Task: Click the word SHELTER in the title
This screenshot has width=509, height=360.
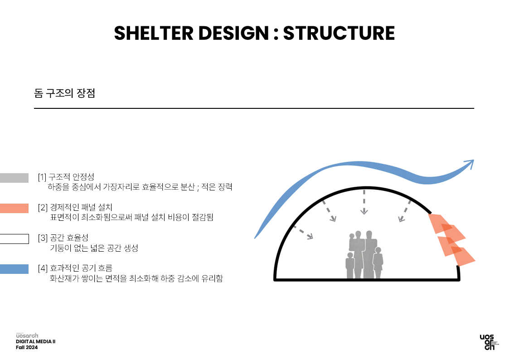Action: coord(153,33)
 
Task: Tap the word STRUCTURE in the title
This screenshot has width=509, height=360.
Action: coord(339,33)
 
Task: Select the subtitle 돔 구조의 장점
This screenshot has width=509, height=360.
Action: coord(65,93)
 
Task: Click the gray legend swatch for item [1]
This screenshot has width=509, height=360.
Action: coord(15,178)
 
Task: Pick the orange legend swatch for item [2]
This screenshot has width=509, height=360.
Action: coord(15,208)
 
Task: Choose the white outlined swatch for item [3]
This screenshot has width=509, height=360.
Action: coord(15,238)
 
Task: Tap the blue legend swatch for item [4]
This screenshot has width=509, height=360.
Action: coord(15,269)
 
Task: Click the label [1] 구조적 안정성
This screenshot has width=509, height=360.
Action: coord(66,177)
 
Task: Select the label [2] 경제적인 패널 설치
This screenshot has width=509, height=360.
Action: coord(75,207)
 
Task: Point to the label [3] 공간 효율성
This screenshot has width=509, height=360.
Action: coord(63,238)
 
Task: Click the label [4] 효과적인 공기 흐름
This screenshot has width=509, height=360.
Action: coord(75,268)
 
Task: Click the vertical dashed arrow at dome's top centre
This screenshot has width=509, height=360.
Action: coord(364,202)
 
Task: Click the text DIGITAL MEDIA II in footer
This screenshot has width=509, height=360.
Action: coord(36,341)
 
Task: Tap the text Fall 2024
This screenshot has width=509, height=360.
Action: coord(27,347)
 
